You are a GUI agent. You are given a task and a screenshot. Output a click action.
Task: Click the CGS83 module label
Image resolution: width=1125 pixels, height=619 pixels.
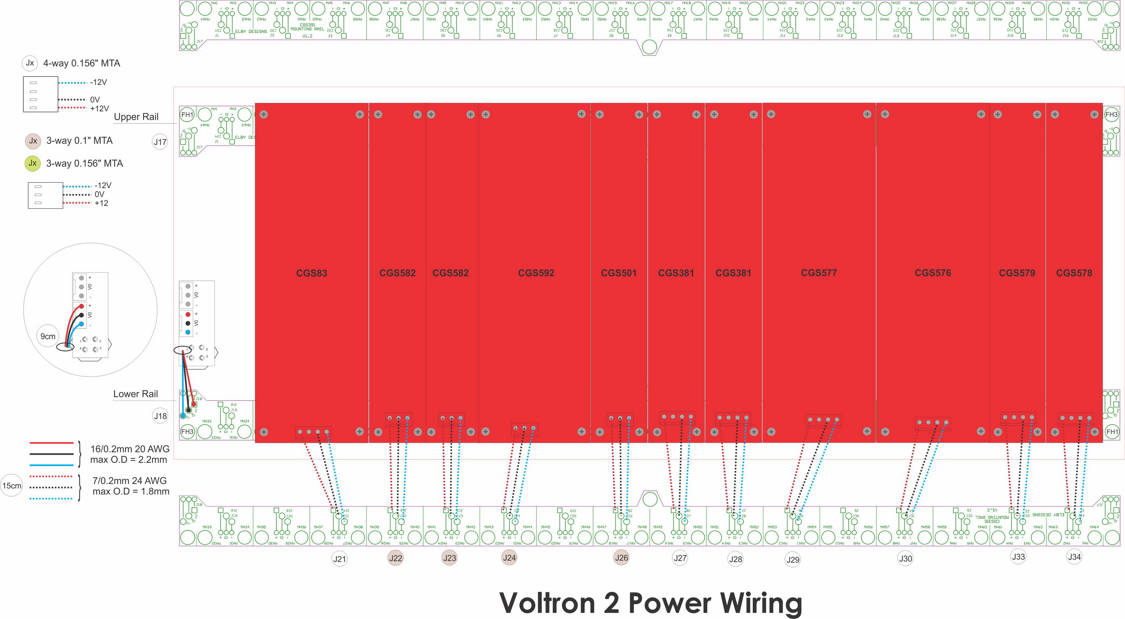pyautogui.click(x=312, y=273)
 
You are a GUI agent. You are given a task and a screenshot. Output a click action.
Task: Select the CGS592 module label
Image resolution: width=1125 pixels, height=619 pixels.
pyautogui.click(x=536, y=273)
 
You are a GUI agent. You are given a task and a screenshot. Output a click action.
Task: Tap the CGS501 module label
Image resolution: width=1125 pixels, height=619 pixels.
pyautogui.click(x=619, y=273)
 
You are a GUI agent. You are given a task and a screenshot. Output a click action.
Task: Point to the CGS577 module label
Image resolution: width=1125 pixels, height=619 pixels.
pyautogui.click(x=818, y=273)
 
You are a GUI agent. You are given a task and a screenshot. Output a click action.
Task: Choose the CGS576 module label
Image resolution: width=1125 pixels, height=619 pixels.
pyautogui.click(x=932, y=273)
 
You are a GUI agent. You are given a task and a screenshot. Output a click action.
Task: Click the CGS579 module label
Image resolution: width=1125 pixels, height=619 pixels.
pyautogui.click(x=1017, y=273)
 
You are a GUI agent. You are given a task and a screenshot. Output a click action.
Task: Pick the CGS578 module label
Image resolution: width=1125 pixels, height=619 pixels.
pyautogui.click(x=1074, y=273)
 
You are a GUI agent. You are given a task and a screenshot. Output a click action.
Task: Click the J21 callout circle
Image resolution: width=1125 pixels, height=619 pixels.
pyautogui.click(x=339, y=559)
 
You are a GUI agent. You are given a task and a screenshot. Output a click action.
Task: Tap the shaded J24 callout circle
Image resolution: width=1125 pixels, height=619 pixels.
pyautogui.click(x=509, y=557)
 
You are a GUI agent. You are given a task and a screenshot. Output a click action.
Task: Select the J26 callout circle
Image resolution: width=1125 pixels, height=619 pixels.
pyautogui.click(x=621, y=557)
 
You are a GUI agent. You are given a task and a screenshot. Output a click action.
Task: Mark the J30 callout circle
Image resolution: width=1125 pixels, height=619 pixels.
pyautogui.click(x=905, y=558)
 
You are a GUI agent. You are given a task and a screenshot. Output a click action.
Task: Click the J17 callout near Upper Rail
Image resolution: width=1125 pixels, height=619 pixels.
pyautogui.click(x=160, y=142)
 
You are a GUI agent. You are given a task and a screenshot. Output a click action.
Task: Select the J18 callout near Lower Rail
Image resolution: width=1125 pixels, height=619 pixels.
pyautogui.click(x=160, y=416)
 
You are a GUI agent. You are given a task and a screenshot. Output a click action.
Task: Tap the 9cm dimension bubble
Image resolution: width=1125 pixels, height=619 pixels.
pyautogui.click(x=47, y=336)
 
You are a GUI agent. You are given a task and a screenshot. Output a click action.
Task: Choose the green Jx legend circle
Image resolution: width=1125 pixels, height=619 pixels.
pyautogui.click(x=32, y=163)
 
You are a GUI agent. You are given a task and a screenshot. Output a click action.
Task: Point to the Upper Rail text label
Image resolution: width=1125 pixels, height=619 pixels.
pyautogui.click(x=136, y=117)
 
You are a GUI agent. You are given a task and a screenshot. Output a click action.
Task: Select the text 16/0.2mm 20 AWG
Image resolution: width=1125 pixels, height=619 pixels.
pyautogui.click(x=130, y=449)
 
